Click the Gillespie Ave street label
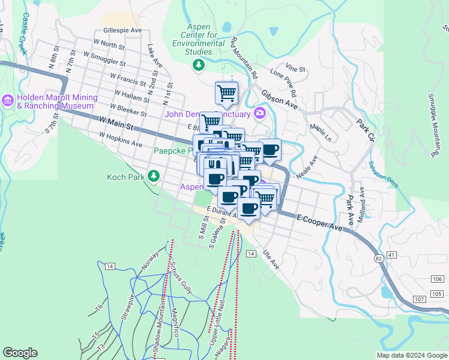tap(122, 30)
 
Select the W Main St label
tap(116, 124)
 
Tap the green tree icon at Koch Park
tap(154, 175)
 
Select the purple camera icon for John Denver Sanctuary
tap(259, 113)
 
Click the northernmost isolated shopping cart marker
tap(226, 92)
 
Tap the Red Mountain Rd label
tap(244, 59)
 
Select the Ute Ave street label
tap(271, 260)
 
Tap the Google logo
tap(20, 353)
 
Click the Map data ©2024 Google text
tap(411, 355)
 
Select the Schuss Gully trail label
tap(180, 278)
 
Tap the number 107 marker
tap(419, 299)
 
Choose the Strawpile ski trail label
tap(127, 307)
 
